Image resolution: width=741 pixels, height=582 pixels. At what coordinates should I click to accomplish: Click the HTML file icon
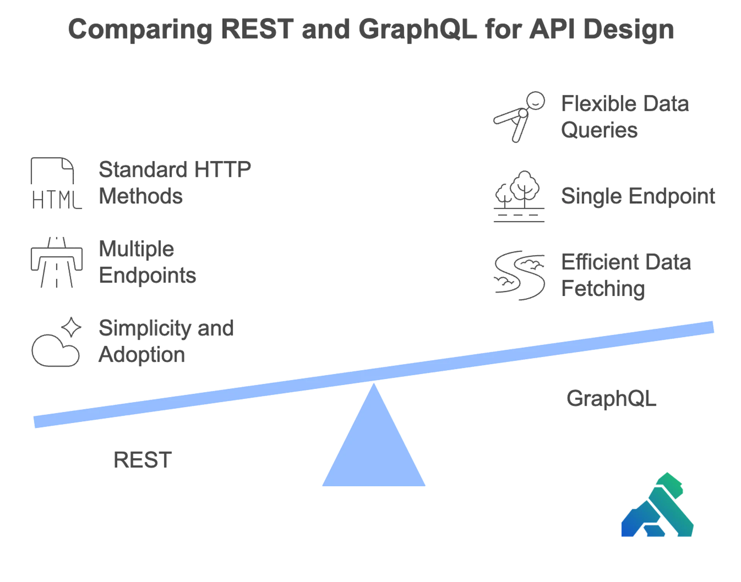[x=54, y=182]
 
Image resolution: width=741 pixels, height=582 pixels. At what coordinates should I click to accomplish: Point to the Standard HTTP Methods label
[x=176, y=183]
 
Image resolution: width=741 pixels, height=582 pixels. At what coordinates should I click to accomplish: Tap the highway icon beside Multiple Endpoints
[x=55, y=262]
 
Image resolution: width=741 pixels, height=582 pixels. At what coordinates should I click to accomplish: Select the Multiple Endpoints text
[x=148, y=262]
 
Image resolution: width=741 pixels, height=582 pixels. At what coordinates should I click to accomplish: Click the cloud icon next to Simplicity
[x=56, y=341]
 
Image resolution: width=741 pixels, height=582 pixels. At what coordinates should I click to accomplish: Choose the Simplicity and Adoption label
[x=166, y=341]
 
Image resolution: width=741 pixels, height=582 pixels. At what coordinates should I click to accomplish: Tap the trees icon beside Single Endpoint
[x=518, y=197]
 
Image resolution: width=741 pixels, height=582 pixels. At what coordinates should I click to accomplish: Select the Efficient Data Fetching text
[x=625, y=276]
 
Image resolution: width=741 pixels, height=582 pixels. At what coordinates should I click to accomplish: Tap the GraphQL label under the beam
[x=611, y=398]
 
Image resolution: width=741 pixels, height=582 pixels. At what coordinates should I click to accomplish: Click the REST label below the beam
[x=143, y=461]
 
